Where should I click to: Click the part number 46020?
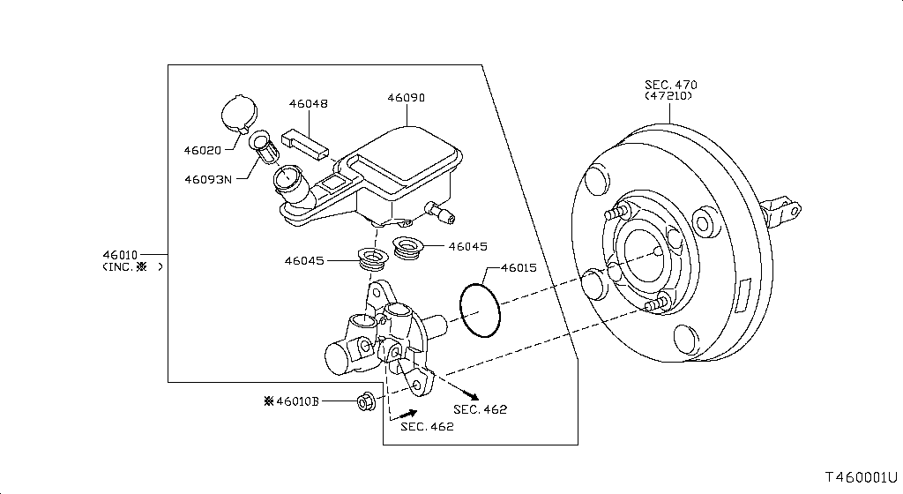(x=204, y=150)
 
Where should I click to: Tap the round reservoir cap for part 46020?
(x=236, y=113)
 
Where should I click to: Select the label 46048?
(x=308, y=103)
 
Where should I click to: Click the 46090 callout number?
(x=406, y=98)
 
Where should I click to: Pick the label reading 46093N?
(x=208, y=179)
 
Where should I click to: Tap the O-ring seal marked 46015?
(x=480, y=309)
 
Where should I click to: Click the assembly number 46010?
(x=121, y=254)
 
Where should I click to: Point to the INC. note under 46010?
(x=131, y=267)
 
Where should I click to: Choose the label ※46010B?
(x=292, y=402)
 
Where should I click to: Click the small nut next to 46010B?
(x=363, y=402)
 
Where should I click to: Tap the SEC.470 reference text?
(x=670, y=85)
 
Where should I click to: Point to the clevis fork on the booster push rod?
(x=784, y=210)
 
